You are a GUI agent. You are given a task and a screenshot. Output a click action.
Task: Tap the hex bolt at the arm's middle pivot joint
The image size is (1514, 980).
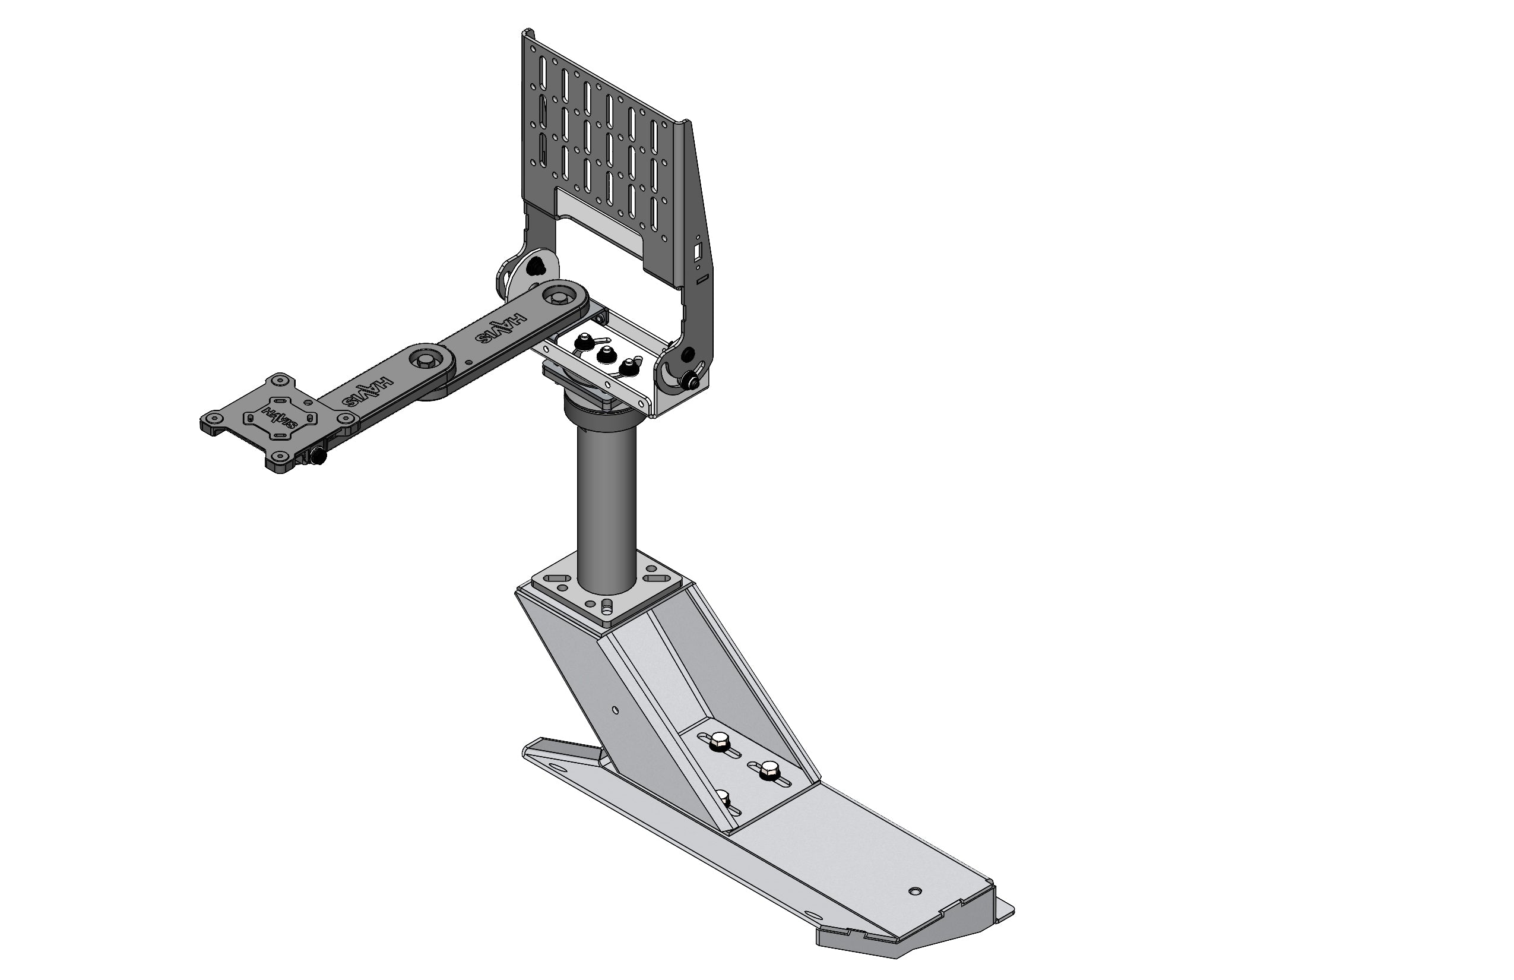coord(422,359)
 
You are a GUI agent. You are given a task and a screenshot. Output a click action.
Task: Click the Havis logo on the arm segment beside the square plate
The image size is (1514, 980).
coord(368,392)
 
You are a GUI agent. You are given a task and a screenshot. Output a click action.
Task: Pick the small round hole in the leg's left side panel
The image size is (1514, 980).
coord(615,709)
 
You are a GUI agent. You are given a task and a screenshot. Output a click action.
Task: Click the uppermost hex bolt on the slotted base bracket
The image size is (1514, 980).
coord(720,739)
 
